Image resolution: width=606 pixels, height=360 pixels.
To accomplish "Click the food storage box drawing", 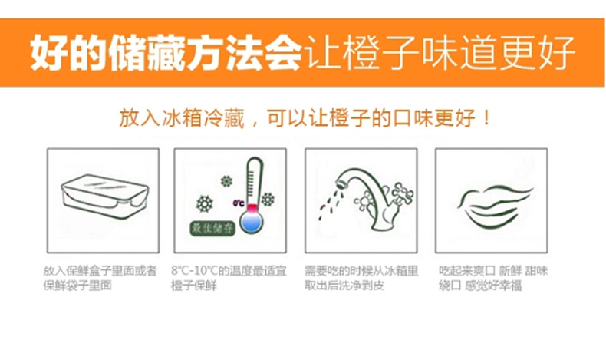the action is coord(104,197).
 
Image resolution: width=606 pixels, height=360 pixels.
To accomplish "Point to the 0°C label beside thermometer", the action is coord(239,203).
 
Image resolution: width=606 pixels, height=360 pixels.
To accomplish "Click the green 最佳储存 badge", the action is coord(212,229).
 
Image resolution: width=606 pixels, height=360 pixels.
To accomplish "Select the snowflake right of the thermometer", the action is coord(268,200).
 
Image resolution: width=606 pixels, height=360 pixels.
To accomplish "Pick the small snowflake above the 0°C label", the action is coord(226,181).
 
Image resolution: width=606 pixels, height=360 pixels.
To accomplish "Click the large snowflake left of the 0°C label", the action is coord(205,203).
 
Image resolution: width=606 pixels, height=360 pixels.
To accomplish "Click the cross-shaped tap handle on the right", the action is coord(403,192).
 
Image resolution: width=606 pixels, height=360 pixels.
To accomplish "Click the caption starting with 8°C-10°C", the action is coord(229,278).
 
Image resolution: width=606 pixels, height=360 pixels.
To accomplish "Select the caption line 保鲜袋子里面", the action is coord(77,286).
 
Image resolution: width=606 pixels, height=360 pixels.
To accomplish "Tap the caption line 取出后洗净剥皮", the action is coord(344,286).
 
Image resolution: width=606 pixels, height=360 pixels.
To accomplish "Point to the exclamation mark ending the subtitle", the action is coord(486,117).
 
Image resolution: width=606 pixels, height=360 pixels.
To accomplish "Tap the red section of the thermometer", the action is coord(252,208).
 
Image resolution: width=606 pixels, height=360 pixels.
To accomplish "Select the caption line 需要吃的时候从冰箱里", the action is coord(361,271).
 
